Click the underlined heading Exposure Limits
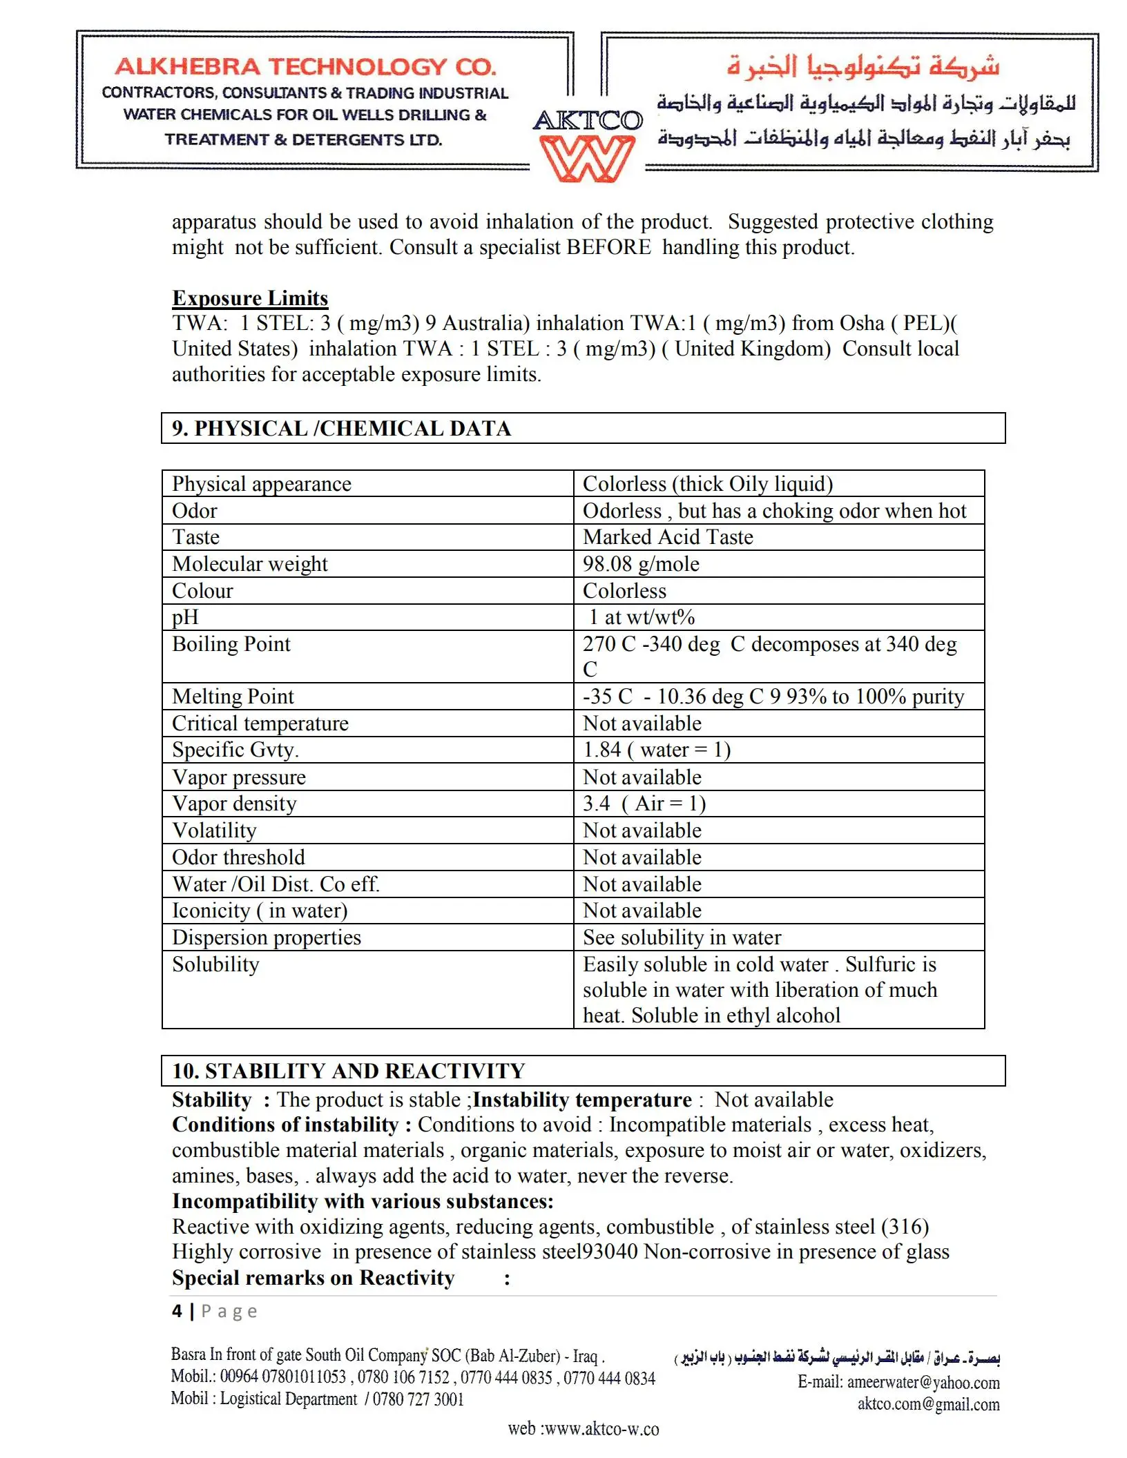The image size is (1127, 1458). point(250,298)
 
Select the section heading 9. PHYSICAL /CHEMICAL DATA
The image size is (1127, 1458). point(342,429)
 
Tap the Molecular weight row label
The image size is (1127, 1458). point(250,564)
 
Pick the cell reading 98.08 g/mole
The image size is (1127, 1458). point(641,564)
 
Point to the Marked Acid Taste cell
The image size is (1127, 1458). point(668,537)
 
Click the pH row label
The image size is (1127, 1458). point(186,617)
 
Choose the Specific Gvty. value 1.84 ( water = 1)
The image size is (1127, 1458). point(657,750)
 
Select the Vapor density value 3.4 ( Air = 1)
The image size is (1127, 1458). point(644,804)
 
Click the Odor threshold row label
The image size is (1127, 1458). point(238,857)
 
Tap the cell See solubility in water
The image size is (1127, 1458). point(682,937)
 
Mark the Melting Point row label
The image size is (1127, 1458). point(233,697)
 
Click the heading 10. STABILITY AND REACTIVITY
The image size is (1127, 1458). point(349,1071)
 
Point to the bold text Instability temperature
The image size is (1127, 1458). point(582,1100)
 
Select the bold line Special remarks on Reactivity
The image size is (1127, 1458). point(314,1278)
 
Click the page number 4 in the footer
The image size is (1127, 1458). point(177,1311)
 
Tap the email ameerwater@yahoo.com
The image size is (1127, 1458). point(923,1382)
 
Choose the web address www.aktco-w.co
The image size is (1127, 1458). point(601,1428)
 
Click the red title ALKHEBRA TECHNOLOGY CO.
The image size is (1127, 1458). point(306,67)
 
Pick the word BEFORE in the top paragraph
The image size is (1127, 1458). point(608,247)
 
